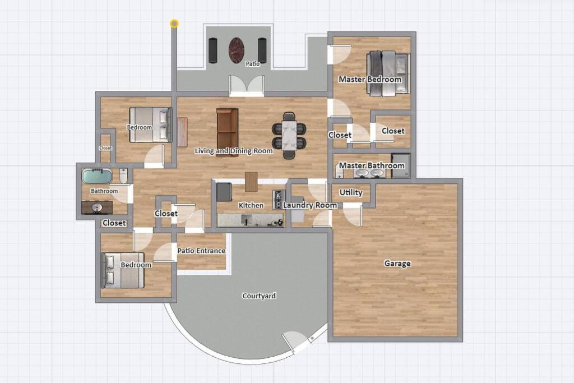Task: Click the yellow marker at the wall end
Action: pos(174,24)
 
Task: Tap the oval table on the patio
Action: pos(237,50)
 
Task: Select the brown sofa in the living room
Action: pos(227,132)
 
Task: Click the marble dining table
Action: pos(289,135)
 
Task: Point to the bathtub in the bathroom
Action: pos(96,176)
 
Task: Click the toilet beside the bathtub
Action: pos(123,176)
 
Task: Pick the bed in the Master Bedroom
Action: pos(388,73)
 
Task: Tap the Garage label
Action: pos(397,263)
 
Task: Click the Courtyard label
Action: pos(259,296)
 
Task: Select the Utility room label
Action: pos(351,192)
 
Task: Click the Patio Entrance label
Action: pos(201,251)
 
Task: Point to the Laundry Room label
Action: pos(310,205)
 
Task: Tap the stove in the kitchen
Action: pos(278,200)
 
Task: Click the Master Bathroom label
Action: pos(372,165)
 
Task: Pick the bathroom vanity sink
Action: pos(97,207)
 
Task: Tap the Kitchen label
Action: pos(251,205)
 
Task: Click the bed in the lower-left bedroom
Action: pos(122,270)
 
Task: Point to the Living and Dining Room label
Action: pos(234,151)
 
